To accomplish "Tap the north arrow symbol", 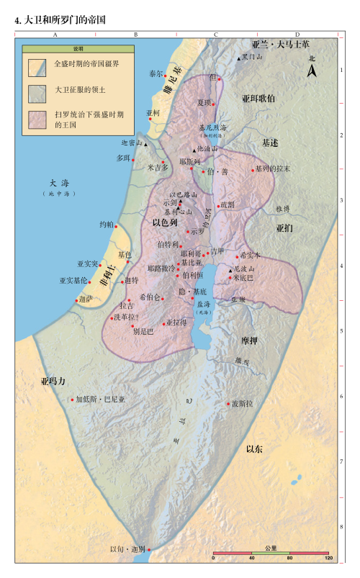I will coord(312,70).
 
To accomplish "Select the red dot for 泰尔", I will coord(166,76).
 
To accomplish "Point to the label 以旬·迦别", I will coord(127,549).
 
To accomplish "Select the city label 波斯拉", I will coord(243,404).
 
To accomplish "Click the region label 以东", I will coord(254,449).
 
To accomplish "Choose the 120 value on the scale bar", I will coord(328,559).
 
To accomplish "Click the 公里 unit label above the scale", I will coord(271,548).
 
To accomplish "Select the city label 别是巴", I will coord(144,331).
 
